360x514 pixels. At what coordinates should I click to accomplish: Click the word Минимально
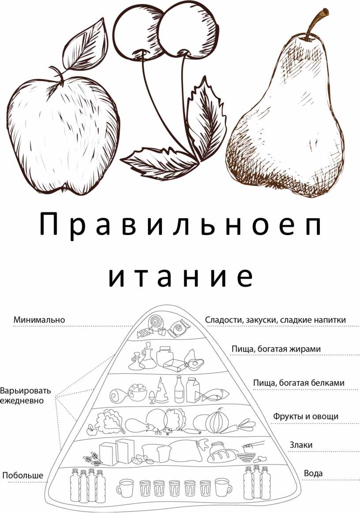coord(39,320)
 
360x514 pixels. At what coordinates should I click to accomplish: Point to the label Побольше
coord(22,475)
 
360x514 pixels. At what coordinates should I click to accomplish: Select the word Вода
coord(313,473)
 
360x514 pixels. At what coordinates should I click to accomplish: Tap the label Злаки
coord(301,445)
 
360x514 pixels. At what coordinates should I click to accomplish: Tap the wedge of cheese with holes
coord(161,390)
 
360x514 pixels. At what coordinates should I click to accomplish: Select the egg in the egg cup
coord(152,396)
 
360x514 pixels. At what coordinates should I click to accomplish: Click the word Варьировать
coord(26,391)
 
